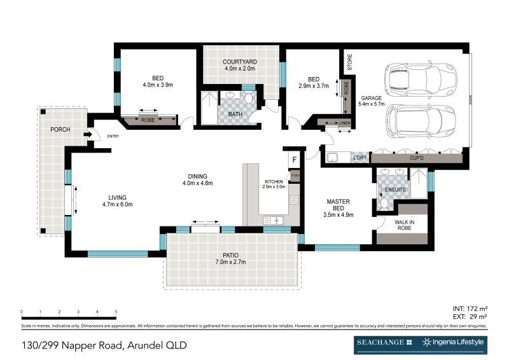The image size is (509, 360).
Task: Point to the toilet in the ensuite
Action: point(383,203)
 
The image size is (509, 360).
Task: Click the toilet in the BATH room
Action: point(249,99)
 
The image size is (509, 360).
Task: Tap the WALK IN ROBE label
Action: point(403,224)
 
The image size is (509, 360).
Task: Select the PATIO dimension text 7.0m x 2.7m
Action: point(230,261)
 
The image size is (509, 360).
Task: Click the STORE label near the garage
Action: point(349,62)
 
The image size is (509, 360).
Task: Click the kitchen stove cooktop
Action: point(294,200)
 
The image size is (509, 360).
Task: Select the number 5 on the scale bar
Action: point(116,312)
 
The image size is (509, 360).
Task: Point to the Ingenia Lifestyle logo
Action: point(454,342)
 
